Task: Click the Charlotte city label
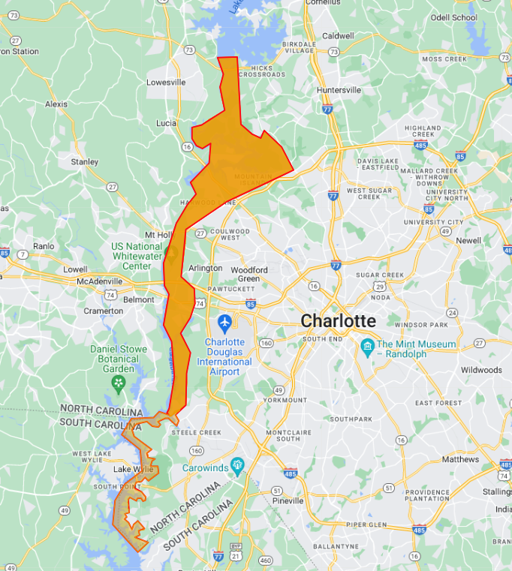(x=338, y=321)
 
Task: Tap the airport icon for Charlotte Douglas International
(x=224, y=323)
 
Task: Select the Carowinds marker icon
(x=238, y=464)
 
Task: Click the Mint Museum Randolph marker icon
(x=368, y=345)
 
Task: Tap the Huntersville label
(x=339, y=90)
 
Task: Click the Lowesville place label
(x=166, y=83)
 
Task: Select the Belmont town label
(x=138, y=299)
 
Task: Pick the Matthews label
(x=460, y=459)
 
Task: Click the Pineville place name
(x=288, y=500)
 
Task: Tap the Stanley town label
(x=84, y=162)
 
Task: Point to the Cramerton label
(x=104, y=311)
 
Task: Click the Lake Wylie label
(x=133, y=470)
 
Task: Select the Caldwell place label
(x=337, y=35)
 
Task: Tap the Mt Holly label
(x=158, y=235)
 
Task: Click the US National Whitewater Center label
(x=136, y=256)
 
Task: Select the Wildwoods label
(x=481, y=370)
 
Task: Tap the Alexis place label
(x=56, y=104)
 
